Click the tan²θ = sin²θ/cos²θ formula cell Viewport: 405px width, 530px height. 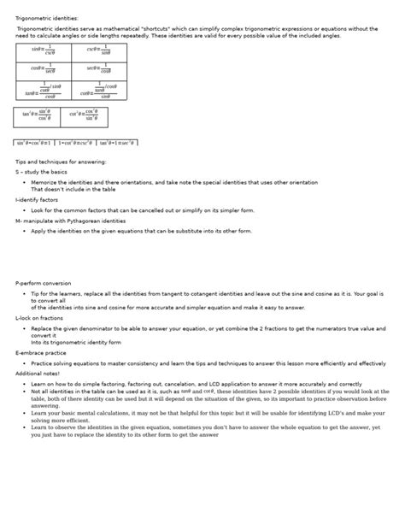point(38,116)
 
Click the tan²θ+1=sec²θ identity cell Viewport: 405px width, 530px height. point(117,143)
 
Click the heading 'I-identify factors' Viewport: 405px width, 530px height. point(37,199)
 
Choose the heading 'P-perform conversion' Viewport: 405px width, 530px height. point(44,283)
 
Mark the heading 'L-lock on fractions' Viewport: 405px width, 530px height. point(39,317)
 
